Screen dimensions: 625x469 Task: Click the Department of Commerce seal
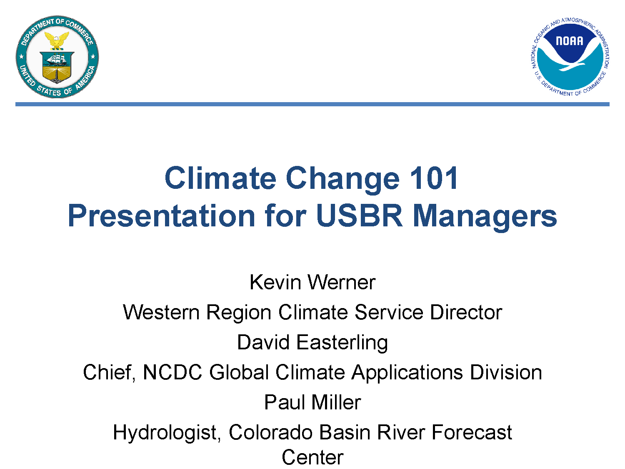(57, 57)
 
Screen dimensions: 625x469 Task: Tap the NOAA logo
(570, 57)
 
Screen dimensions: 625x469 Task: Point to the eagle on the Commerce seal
(57, 40)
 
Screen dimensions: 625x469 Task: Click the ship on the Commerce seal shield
(57, 59)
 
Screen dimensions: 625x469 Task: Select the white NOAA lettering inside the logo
(570, 41)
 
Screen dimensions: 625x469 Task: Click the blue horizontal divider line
(312, 104)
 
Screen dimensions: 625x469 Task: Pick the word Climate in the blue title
(220, 178)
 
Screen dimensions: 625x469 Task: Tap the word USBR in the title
(359, 216)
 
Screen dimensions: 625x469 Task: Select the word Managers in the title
(485, 217)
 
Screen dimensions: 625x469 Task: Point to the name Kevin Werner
(312, 282)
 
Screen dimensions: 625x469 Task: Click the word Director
(466, 312)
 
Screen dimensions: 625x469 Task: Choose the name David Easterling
(312, 343)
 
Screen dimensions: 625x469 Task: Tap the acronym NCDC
(172, 372)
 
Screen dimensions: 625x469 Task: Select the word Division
(506, 372)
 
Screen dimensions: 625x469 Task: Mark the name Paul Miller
(312, 402)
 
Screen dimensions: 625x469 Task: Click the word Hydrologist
(167, 433)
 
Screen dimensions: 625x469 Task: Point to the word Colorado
(270, 432)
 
